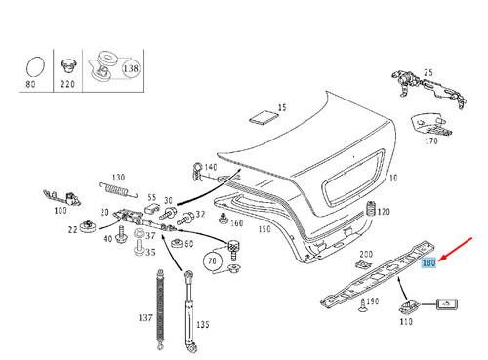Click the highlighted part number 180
click(x=427, y=263)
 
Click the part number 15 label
click(x=282, y=107)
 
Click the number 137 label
click(x=145, y=318)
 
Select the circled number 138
click(x=130, y=69)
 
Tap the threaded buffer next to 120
click(x=370, y=211)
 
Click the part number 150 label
click(x=264, y=229)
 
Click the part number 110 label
click(x=406, y=321)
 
